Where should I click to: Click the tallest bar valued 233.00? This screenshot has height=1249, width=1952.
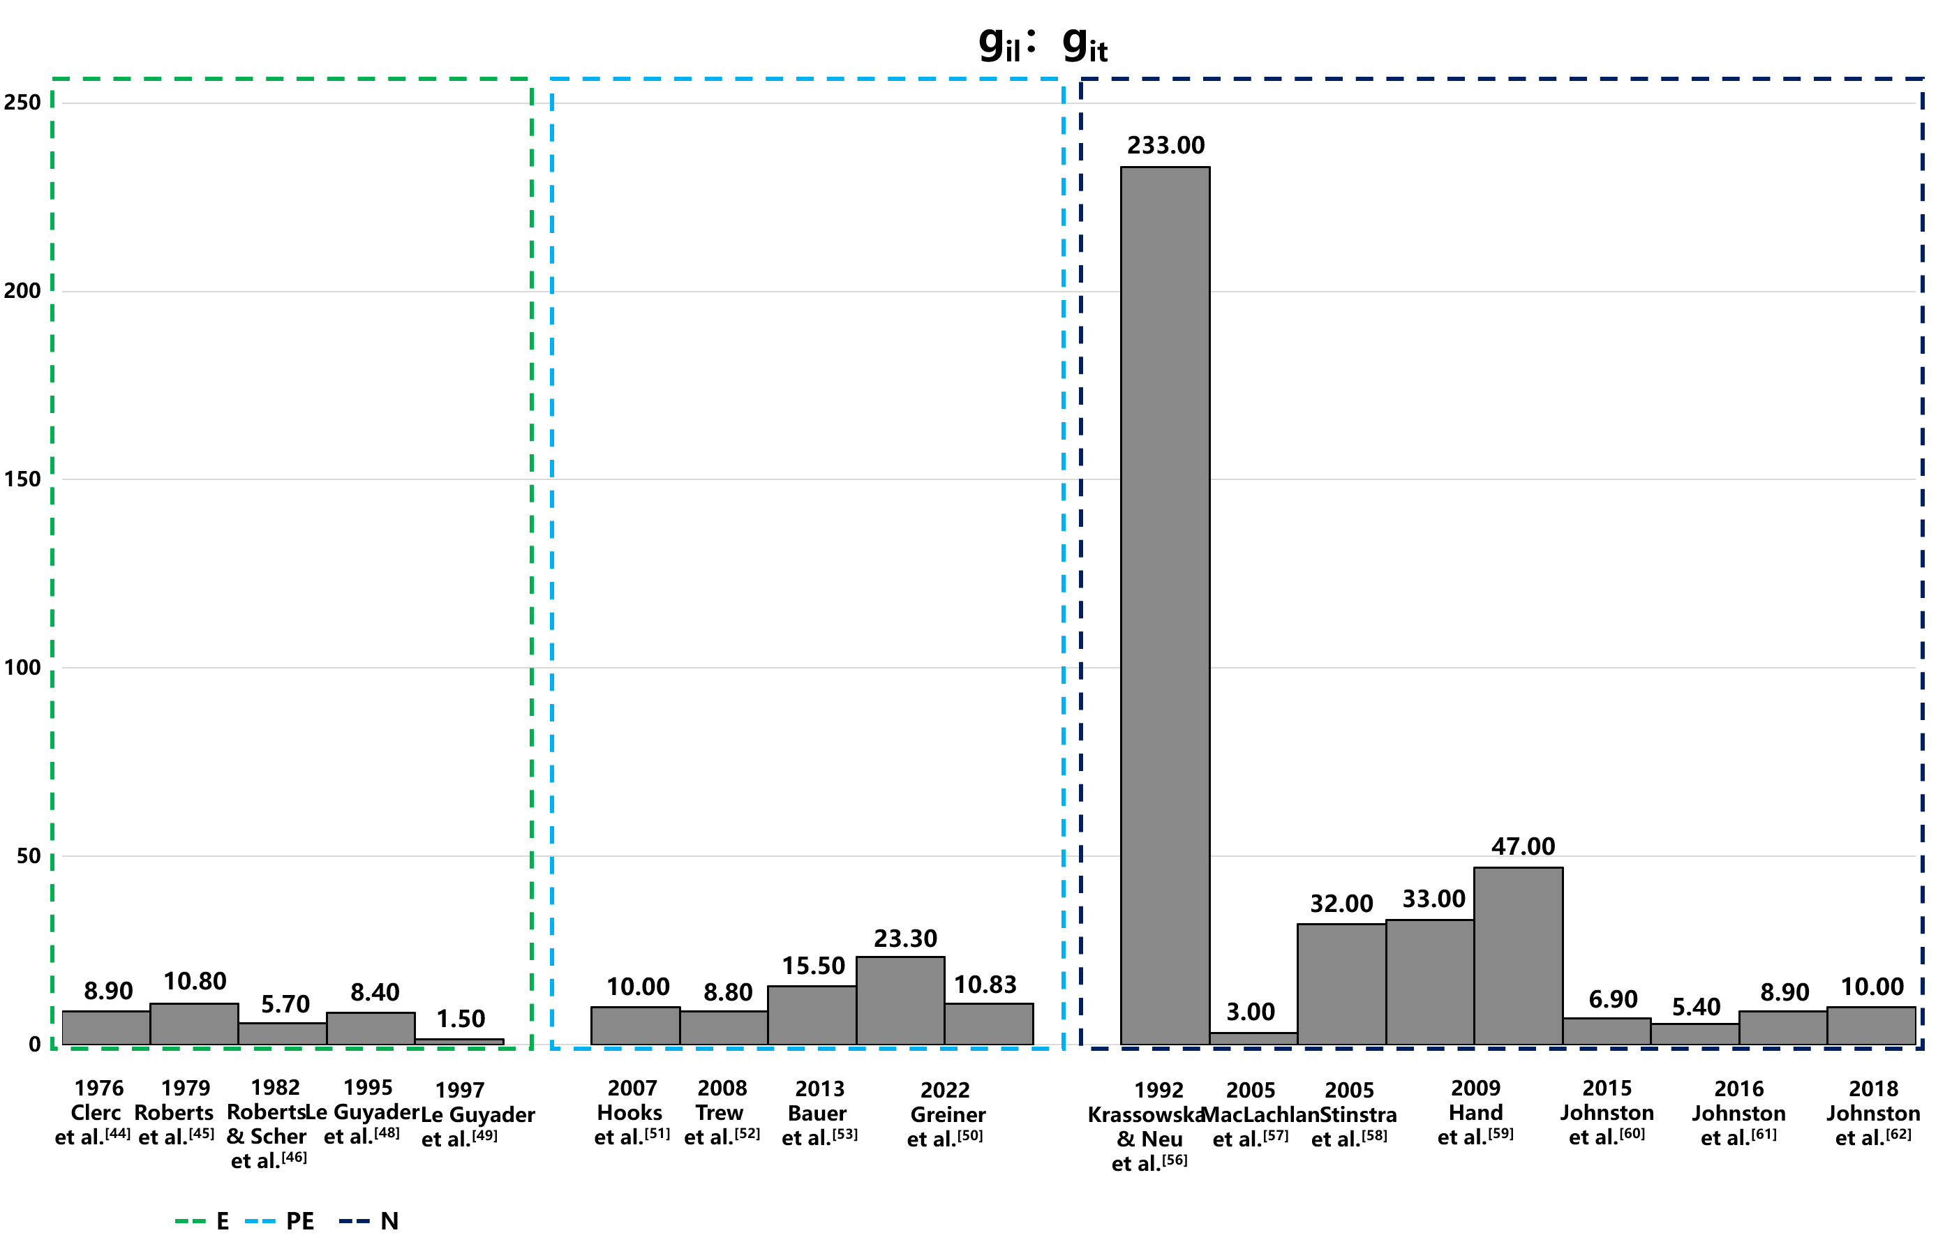[1165, 604]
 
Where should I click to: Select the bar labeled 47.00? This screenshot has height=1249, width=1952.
[1517, 955]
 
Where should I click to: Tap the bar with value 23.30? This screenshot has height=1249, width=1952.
[900, 1000]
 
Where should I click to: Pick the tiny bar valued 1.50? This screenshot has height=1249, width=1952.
[459, 1041]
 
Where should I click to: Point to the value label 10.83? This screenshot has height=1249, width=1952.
[985, 985]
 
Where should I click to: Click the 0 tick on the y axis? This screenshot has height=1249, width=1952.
[34, 1045]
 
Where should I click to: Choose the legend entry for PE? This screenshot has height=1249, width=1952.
[280, 1220]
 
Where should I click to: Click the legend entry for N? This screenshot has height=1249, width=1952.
[369, 1220]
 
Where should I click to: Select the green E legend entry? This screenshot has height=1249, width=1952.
[203, 1220]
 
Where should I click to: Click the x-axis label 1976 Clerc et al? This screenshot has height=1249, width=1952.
[94, 1113]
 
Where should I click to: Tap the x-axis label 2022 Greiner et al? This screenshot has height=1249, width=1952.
[946, 1114]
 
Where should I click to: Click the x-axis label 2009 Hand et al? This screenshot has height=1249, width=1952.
[1475, 1113]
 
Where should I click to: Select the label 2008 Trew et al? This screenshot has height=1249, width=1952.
[722, 1113]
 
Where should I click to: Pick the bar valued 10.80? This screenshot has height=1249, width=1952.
[194, 1024]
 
